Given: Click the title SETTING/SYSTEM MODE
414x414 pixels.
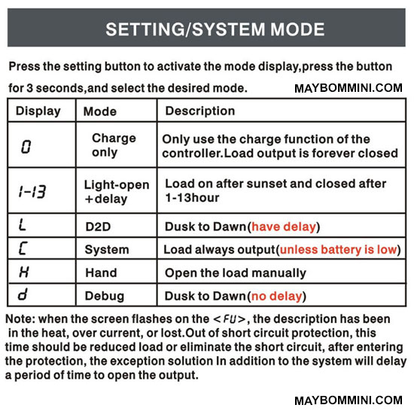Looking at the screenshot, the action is pyautogui.click(x=215, y=29).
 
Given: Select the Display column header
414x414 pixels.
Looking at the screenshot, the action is pyautogui.click(x=38, y=111).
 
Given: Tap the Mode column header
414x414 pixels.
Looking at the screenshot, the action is pyautogui.click(x=100, y=111).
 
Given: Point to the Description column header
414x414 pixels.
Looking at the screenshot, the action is pyautogui.click(x=200, y=111).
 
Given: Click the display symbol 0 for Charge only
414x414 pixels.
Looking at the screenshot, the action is pyautogui.click(x=26, y=147).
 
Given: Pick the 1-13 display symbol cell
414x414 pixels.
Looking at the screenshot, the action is pyautogui.click(x=32, y=191).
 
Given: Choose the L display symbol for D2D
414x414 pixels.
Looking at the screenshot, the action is pyautogui.click(x=22, y=225).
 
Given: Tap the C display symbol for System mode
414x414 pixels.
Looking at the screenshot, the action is pyautogui.click(x=23, y=248).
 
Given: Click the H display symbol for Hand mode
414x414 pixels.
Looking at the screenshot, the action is pyautogui.click(x=24, y=272).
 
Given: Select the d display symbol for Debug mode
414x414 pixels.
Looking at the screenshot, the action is pyautogui.click(x=23, y=294).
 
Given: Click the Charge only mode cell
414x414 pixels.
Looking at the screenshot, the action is pyautogui.click(x=114, y=145).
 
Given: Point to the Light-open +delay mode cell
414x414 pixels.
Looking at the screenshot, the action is pyautogui.click(x=117, y=192).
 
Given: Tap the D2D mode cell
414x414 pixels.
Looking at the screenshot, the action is pyautogui.click(x=98, y=227).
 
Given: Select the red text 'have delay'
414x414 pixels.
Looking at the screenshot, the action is pyautogui.click(x=284, y=227).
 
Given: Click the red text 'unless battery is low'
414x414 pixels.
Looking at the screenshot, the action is pyautogui.click(x=339, y=250).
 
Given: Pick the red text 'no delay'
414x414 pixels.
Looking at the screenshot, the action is pyautogui.click(x=276, y=297).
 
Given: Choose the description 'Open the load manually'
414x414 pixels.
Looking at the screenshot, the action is pyautogui.click(x=236, y=273).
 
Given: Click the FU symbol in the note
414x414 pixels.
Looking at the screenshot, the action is pyautogui.click(x=230, y=319).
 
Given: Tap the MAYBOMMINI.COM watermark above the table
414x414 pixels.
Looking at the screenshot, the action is pyautogui.click(x=349, y=89).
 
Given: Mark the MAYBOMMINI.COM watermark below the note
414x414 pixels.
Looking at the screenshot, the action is pyautogui.click(x=349, y=400).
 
